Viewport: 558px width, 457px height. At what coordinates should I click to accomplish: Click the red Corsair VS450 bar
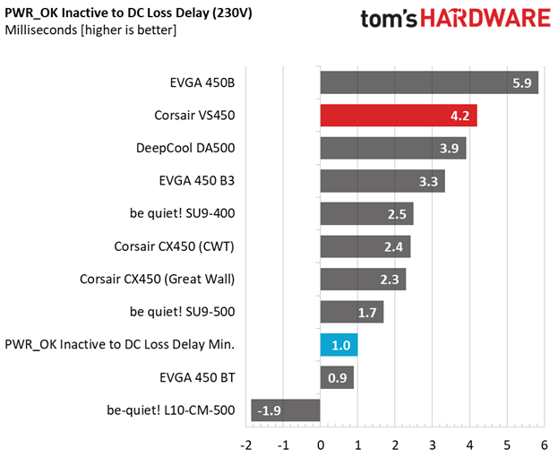coord(399,116)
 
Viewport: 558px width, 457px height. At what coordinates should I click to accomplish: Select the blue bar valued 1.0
coord(339,345)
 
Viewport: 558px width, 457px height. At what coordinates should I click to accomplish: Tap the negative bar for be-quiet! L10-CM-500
coord(286,410)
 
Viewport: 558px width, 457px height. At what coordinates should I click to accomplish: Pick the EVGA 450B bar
coord(429,82)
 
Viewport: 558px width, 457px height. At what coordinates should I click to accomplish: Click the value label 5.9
coord(522,83)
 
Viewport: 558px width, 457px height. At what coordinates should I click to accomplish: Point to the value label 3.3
coord(429,182)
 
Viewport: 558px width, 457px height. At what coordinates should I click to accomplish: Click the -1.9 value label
coord(270,411)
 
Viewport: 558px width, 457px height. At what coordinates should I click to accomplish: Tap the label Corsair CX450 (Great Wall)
coord(157,280)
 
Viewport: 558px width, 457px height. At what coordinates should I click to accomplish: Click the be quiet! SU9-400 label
coord(182,214)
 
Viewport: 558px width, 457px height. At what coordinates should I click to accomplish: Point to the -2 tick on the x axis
coord(246,444)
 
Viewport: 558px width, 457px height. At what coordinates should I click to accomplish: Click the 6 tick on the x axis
coord(544,444)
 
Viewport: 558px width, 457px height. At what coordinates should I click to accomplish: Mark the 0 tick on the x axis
coord(321,444)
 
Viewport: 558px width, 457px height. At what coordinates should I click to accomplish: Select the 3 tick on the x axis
coord(433,444)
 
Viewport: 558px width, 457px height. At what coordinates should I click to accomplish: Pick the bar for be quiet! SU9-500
coord(352,312)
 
